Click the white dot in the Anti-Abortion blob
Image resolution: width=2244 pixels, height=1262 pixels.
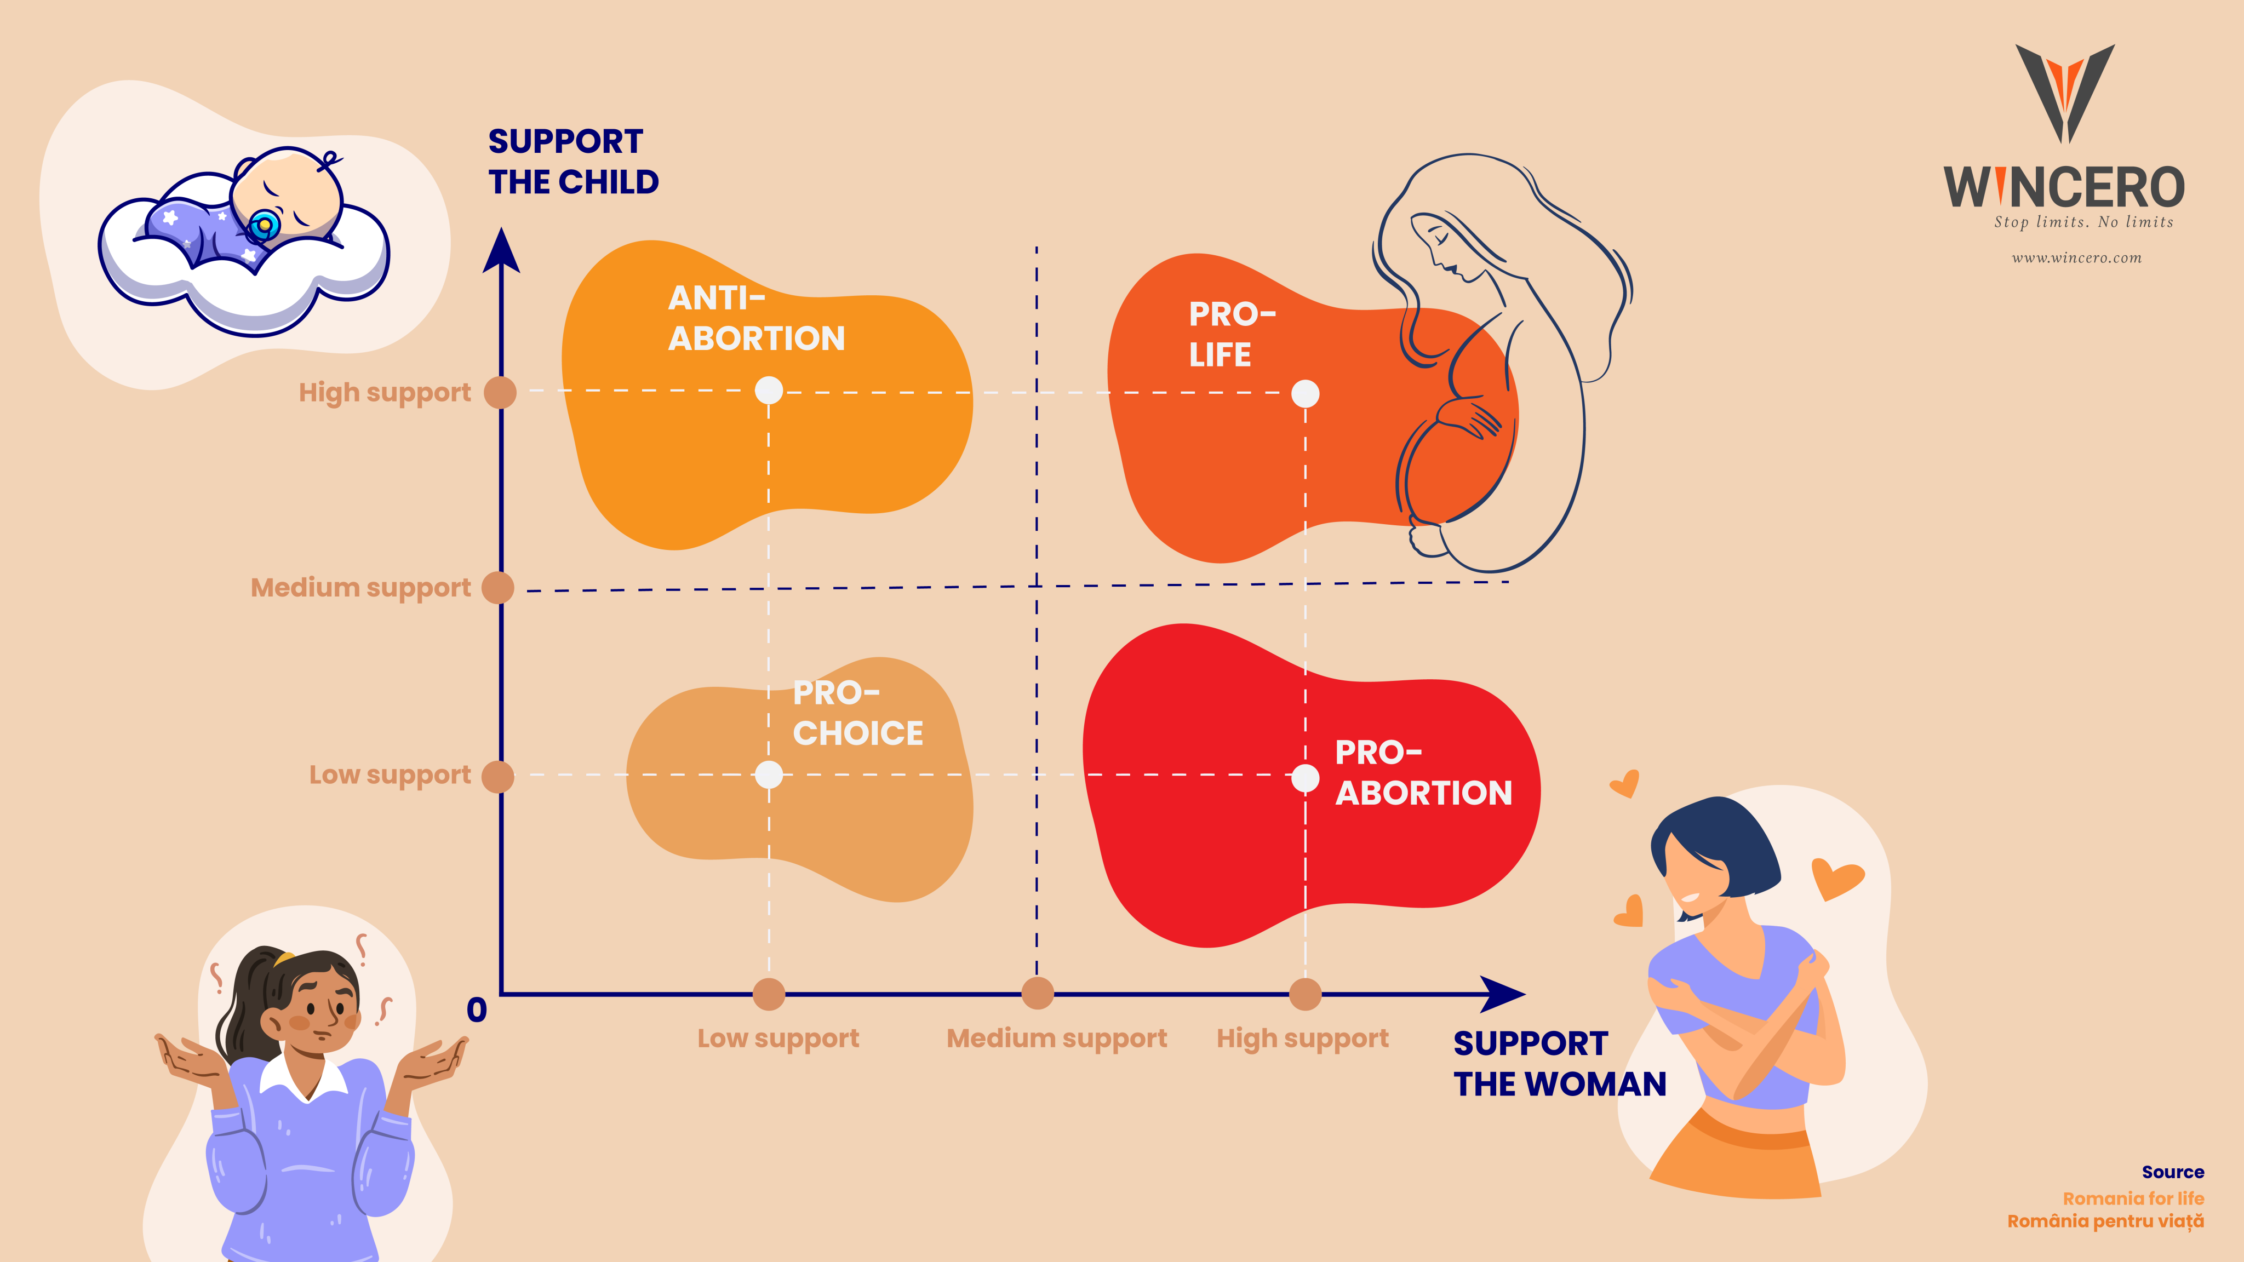[768, 389]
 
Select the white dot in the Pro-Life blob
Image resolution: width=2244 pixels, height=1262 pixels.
[1305, 394]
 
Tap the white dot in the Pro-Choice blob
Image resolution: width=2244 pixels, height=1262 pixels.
[768, 775]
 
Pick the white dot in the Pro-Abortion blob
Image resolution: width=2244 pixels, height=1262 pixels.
[1305, 778]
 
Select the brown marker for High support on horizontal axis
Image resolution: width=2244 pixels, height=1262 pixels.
[1305, 994]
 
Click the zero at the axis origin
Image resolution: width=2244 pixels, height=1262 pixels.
[477, 1010]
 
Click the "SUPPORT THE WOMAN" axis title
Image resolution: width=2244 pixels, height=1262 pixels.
[1559, 1063]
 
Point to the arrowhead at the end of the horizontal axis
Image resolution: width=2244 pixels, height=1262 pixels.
[1503, 994]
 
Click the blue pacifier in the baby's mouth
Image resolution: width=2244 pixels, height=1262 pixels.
[262, 226]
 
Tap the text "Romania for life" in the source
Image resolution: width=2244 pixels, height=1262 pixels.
[2133, 1198]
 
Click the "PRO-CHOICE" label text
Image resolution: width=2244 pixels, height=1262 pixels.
[857, 713]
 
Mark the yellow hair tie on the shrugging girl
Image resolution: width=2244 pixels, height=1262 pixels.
[284, 959]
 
